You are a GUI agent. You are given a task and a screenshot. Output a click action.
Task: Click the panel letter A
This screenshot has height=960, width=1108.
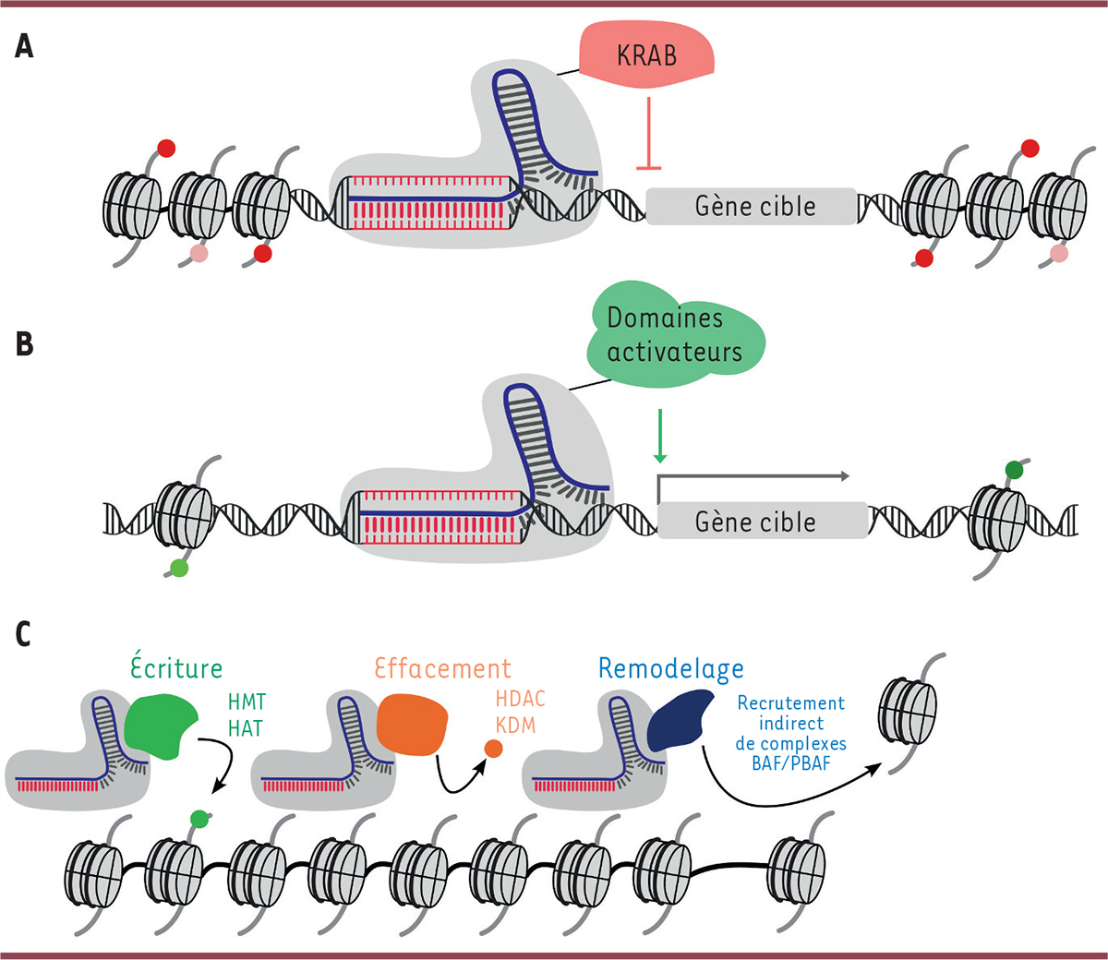24,45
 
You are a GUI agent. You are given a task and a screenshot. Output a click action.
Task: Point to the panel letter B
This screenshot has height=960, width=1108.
24,343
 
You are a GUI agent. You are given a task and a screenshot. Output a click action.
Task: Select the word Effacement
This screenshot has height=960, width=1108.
442,667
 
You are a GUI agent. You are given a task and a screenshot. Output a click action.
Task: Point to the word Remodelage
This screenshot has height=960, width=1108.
670,668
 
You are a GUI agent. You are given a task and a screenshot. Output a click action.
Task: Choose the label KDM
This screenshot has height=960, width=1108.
514,725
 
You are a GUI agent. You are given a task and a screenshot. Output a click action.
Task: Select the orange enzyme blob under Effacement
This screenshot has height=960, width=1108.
412,725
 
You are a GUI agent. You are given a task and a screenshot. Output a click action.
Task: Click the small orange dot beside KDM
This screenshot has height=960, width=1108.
493,749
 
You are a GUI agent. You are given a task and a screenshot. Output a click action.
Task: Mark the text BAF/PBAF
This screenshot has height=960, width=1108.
790,762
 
